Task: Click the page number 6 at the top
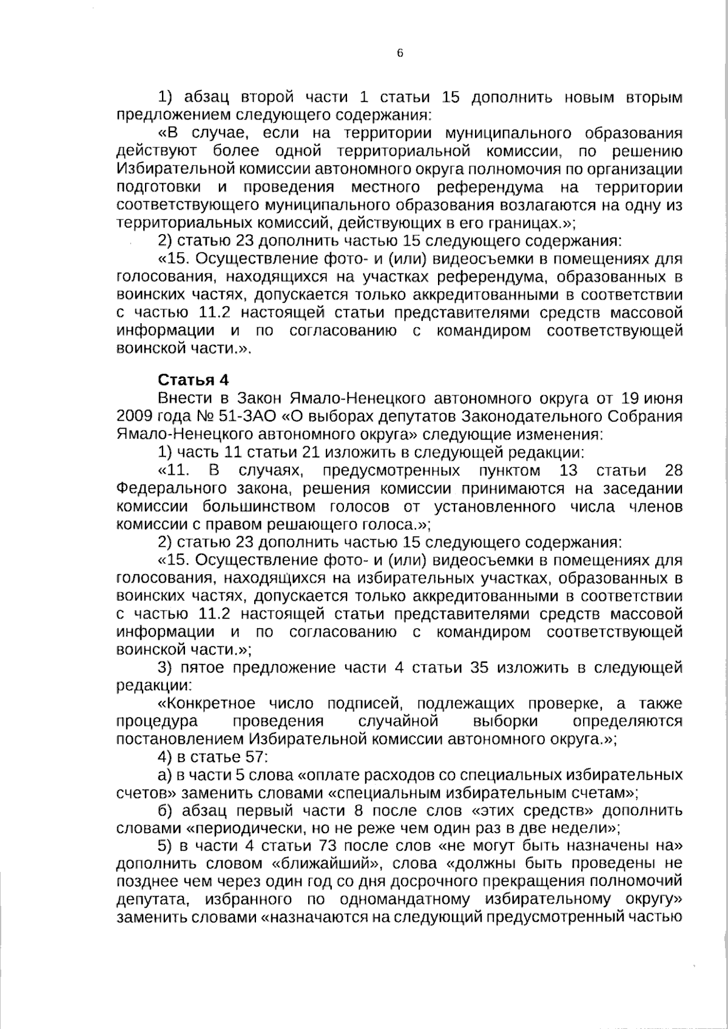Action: click(400, 53)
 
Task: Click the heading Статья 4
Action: click(194, 380)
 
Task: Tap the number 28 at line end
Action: click(673, 471)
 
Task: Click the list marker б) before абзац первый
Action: click(165, 810)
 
